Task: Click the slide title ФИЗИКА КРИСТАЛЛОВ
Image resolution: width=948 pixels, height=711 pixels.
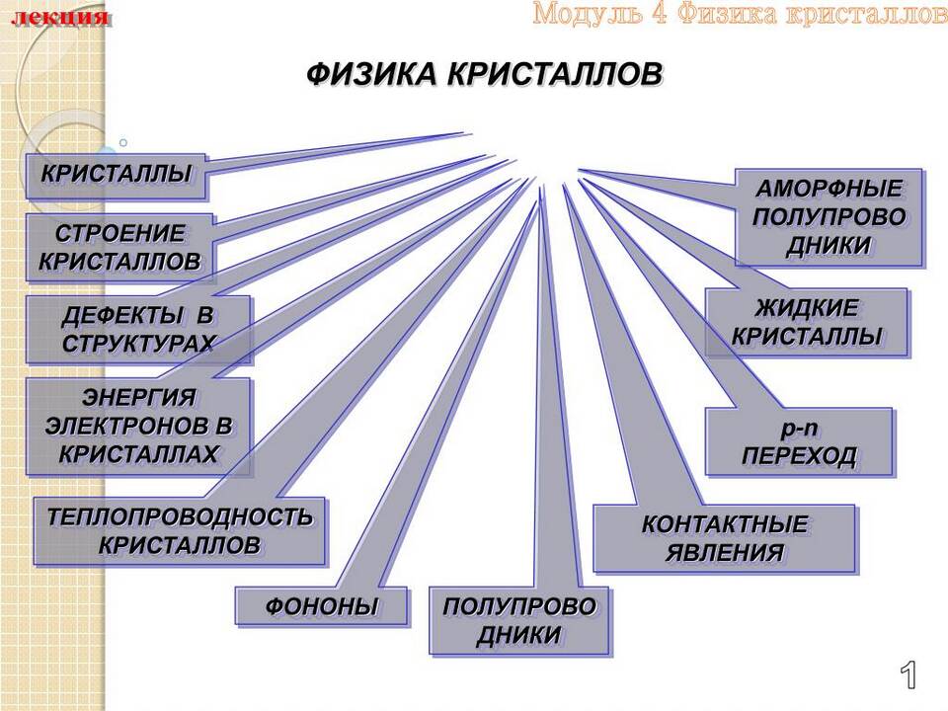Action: pyautogui.click(x=484, y=75)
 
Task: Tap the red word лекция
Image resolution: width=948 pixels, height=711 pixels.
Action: pyautogui.click(x=60, y=17)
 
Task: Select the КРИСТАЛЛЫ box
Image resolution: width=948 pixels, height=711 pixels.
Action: pyautogui.click(x=117, y=177)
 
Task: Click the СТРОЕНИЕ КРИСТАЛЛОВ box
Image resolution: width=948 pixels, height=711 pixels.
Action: pyautogui.click(x=119, y=248)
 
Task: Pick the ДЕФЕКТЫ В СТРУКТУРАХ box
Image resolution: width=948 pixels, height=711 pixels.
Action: pyautogui.click(x=138, y=330)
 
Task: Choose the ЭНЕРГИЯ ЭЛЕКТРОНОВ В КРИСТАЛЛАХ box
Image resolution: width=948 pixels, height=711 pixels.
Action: pyautogui.click(x=138, y=427)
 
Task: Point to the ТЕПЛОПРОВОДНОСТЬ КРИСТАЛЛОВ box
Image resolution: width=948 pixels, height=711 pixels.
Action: pyautogui.click(x=180, y=531)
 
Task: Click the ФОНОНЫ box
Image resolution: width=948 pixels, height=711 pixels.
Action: pyautogui.click(x=321, y=606)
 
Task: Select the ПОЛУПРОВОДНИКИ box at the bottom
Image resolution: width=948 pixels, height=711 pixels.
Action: pyautogui.click(x=519, y=621)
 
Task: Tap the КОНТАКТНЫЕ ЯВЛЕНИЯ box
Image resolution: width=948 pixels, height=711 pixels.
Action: pyautogui.click(x=724, y=539)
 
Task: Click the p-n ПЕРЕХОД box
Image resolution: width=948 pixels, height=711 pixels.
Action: pyautogui.click(x=799, y=442)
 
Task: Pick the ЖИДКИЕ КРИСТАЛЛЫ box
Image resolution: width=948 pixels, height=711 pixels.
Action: pyautogui.click(x=807, y=322)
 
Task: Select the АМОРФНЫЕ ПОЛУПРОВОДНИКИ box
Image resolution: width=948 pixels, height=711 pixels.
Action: pyautogui.click(x=829, y=217)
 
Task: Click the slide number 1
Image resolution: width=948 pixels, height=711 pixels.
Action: pyautogui.click(x=908, y=674)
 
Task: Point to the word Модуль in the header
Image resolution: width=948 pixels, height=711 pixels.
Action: pyautogui.click(x=588, y=13)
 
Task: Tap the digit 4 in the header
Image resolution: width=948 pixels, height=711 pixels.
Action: pyautogui.click(x=660, y=13)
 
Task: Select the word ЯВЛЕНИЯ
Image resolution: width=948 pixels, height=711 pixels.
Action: pyautogui.click(x=724, y=553)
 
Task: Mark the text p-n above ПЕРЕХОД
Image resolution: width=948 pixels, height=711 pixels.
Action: pyautogui.click(x=799, y=428)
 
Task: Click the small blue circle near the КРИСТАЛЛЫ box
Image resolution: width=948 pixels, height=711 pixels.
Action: pyautogui.click(x=123, y=143)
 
